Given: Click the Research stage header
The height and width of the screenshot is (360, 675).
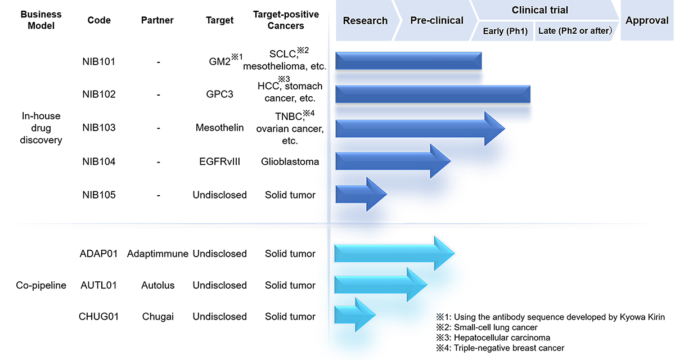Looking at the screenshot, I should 365,21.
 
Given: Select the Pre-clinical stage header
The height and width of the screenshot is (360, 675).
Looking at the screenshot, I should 436,21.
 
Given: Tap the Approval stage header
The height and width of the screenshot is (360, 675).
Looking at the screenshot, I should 647,21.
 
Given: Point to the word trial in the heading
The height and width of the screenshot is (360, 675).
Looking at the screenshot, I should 559,10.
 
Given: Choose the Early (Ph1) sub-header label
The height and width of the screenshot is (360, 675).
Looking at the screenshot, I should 505,31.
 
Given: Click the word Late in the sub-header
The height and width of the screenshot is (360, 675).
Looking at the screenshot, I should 546,31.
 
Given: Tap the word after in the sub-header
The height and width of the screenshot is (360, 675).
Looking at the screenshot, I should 597,31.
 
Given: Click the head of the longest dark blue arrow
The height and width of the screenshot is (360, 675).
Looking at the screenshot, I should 495,129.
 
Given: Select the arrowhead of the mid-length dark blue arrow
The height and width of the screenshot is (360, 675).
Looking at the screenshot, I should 440,161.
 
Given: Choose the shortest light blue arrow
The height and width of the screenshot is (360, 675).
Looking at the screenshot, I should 355,314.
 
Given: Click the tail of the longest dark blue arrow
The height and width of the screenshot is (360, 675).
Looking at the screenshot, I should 343,129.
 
